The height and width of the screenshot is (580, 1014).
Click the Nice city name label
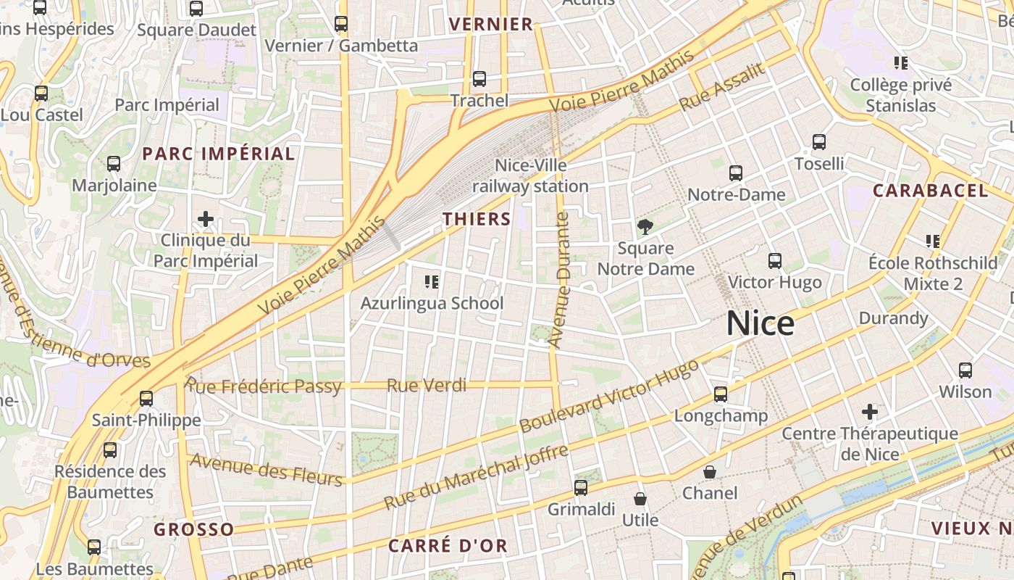click(x=760, y=323)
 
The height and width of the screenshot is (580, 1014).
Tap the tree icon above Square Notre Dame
click(x=645, y=227)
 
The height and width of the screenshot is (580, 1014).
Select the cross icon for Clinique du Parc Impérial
click(x=206, y=218)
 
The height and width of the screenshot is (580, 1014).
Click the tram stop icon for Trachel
click(x=479, y=79)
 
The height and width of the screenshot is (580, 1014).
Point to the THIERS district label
click(x=477, y=219)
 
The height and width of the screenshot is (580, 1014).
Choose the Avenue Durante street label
click(x=559, y=280)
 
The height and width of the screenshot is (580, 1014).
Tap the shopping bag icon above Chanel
click(x=710, y=472)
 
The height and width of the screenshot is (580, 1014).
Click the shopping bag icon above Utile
click(x=640, y=499)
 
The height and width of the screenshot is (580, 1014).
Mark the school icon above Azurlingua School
click(x=432, y=281)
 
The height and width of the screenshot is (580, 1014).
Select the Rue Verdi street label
click(x=427, y=385)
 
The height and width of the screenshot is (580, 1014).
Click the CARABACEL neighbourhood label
click(x=930, y=191)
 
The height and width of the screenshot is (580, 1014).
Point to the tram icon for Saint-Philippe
click(x=146, y=398)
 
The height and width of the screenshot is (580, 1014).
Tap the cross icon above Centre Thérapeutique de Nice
click(x=870, y=413)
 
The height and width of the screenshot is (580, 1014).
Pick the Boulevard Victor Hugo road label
click(x=610, y=396)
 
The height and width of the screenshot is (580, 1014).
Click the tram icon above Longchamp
click(x=721, y=394)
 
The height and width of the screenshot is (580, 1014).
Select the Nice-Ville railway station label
click(x=530, y=176)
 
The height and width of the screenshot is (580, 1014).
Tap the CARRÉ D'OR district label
click(x=448, y=546)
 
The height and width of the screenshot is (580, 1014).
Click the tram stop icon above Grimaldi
click(x=581, y=488)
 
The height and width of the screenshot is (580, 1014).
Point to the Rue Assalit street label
click(x=722, y=87)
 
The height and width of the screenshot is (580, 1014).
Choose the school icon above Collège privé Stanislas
click(x=901, y=63)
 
